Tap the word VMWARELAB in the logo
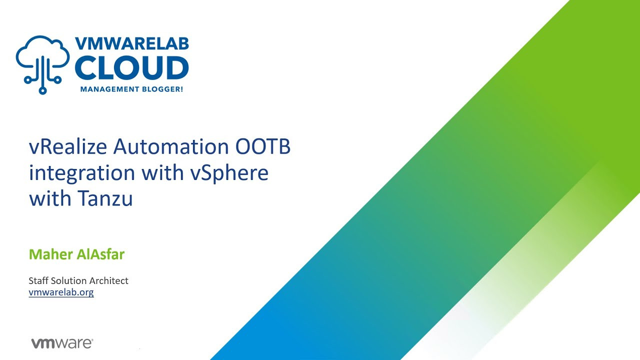tap(132, 43)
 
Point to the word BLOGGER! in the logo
tap(165, 89)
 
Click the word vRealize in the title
tap(67, 147)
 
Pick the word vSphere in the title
tap(229, 173)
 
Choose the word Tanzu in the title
tap(105, 198)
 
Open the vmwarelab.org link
tap(61, 292)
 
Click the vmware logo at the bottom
tap(62, 343)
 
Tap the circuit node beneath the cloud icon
tap(43, 90)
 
